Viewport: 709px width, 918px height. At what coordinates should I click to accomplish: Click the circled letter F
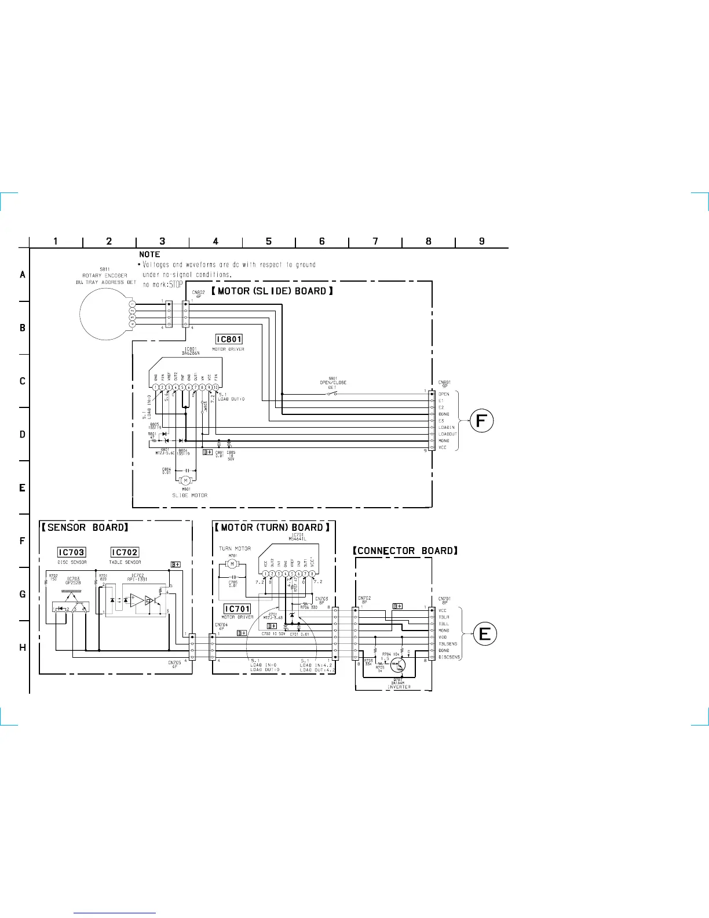(x=481, y=421)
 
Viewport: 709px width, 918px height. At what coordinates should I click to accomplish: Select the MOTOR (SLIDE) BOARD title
(x=272, y=291)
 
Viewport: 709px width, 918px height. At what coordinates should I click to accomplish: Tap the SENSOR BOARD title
(x=85, y=527)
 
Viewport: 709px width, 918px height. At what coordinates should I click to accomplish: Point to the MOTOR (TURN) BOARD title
(x=272, y=527)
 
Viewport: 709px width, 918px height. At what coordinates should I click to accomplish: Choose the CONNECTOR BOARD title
(x=405, y=551)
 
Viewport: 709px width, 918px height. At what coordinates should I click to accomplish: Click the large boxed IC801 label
(x=229, y=339)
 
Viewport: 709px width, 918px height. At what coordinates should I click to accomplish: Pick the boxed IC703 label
(x=72, y=552)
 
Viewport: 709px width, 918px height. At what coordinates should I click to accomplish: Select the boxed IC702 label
(x=125, y=552)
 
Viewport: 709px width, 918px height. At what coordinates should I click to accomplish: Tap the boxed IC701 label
(x=237, y=609)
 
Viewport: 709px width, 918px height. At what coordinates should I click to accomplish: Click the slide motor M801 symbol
(x=186, y=480)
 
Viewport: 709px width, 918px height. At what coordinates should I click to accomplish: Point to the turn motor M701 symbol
(x=232, y=563)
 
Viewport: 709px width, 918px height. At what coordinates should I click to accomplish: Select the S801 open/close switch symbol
(x=332, y=394)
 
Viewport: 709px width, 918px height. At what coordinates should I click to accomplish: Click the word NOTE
(x=149, y=254)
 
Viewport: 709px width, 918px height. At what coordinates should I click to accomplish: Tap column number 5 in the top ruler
(x=269, y=241)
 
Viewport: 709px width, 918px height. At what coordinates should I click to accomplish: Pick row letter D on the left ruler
(x=23, y=435)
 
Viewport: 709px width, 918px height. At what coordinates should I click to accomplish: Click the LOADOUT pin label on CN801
(x=448, y=434)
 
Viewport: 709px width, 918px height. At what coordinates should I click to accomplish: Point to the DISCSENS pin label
(x=449, y=657)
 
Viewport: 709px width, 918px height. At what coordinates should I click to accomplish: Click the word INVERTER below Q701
(x=399, y=687)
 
